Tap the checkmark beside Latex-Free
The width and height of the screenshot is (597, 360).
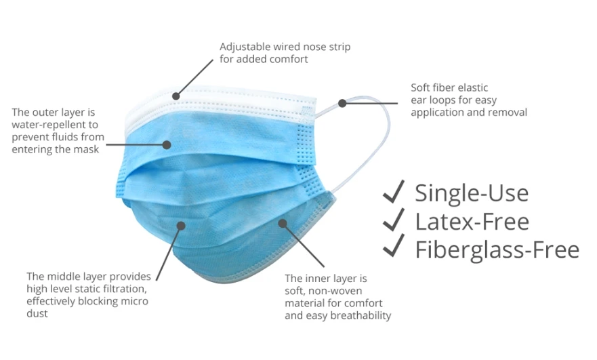click(394, 220)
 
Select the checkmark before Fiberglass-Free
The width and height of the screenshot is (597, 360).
click(394, 248)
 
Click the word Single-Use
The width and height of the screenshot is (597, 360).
click(472, 193)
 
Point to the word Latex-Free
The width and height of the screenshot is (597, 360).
click(472, 221)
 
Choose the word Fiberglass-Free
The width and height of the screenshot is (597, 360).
click(497, 249)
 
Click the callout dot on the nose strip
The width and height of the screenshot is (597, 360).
click(178, 96)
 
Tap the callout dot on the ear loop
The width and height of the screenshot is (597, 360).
click(343, 103)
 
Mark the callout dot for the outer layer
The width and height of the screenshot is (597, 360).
click(168, 144)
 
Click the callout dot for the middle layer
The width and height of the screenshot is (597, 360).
click(181, 226)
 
